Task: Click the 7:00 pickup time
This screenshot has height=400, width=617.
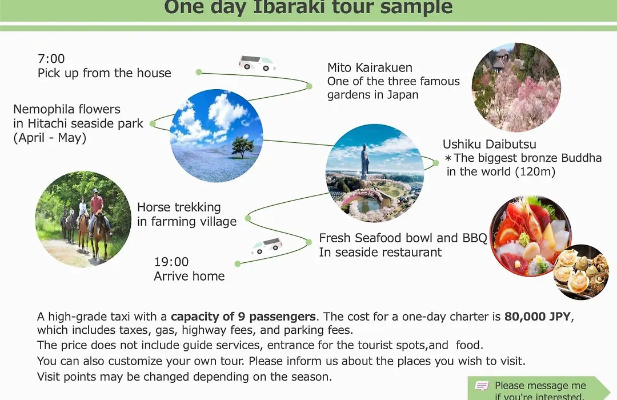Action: coord(51,59)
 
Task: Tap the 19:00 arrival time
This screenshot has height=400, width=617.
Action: coord(171,262)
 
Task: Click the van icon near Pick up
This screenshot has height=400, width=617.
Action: coord(257,63)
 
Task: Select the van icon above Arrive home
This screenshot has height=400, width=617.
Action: coord(267,246)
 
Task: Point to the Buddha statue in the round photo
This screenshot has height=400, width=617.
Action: coord(365,161)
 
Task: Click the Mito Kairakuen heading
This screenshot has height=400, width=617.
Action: coord(370,68)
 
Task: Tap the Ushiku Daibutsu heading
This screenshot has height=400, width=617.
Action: coord(490,144)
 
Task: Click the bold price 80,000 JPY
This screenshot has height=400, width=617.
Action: coord(538,317)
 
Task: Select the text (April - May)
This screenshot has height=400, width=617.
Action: coord(50,138)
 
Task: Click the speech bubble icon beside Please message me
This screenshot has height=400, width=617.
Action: coord(482,386)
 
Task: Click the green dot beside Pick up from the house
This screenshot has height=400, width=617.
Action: coord(199,72)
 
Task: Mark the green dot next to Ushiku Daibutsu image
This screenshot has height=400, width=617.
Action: coord(435,163)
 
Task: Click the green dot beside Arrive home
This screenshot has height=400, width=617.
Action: coord(238,264)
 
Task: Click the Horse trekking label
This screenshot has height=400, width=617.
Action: coord(179,207)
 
